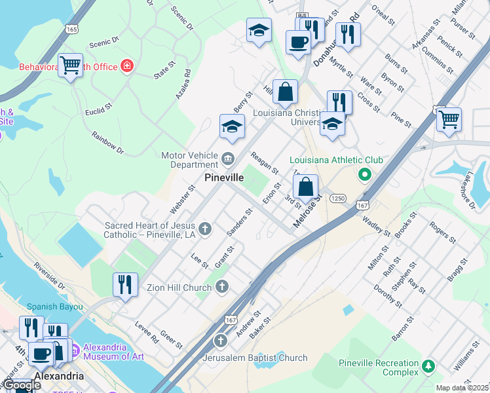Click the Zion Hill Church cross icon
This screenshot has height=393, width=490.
tap(222, 286)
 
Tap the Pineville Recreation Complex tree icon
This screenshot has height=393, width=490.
tap(428, 365)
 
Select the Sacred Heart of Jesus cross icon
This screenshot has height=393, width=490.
tap(205, 229)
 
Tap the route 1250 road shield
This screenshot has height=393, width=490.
tap(338, 198)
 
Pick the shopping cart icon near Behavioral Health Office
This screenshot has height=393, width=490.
tap(70, 65)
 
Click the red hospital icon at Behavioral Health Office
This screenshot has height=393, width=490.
tap(126, 66)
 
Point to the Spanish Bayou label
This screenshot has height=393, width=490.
tap(55, 307)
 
